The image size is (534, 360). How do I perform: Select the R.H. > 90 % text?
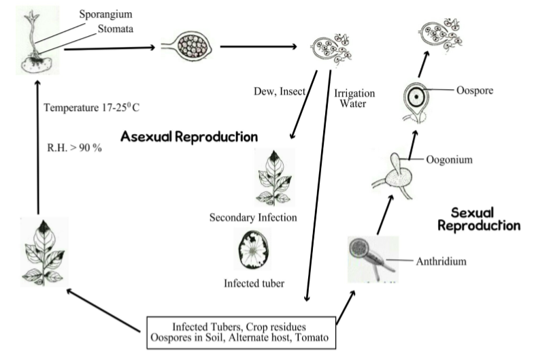point(71,146)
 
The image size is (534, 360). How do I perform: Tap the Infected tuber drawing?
point(253,250)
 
